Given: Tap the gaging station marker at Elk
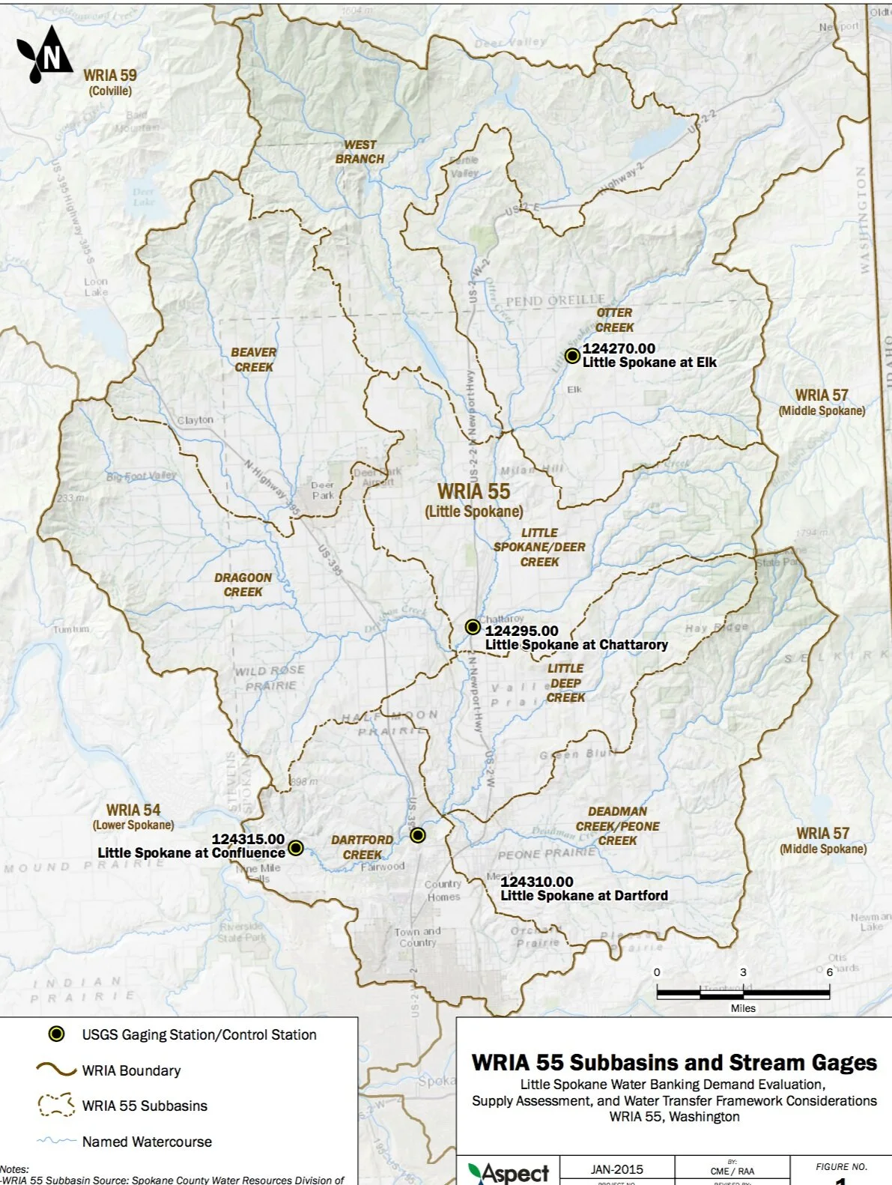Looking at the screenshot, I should click(x=572, y=356).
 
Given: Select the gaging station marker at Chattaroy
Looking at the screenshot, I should click(x=473, y=627).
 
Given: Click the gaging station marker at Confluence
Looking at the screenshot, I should click(x=296, y=848).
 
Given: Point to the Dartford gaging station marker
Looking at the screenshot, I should click(x=418, y=835).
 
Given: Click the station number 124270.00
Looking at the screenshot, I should click(x=619, y=348).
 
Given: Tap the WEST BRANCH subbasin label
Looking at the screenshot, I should click(x=359, y=152).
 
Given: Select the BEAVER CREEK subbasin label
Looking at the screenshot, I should click(x=253, y=360).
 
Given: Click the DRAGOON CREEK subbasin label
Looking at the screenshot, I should click(x=243, y=585).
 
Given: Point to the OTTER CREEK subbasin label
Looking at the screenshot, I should click(x=614, y=320).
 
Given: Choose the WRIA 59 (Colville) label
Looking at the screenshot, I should click(x=110, y=82).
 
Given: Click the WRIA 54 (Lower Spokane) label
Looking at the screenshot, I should click(x=133, y=816).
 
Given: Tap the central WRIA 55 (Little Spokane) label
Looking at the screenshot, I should click(x=474, y=500).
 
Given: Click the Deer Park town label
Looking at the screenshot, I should click(x=323, y=490).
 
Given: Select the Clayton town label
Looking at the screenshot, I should click(x=195, y=420).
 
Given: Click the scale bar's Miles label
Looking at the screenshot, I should click(x=743, y=1008).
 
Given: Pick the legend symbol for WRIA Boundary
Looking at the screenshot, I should click(x=56, y=1070).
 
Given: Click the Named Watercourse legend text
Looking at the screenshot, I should click(x=147, y=1142).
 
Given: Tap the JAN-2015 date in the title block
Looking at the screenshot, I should click(x=616, y=1169).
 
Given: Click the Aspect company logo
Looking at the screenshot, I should click(x=509, y=1172).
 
